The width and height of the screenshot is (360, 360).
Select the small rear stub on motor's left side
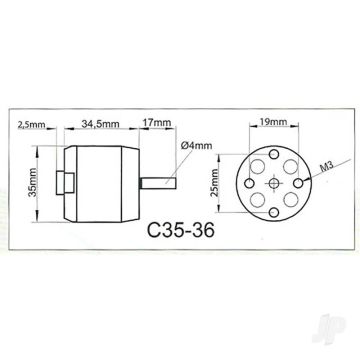[69, 184]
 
